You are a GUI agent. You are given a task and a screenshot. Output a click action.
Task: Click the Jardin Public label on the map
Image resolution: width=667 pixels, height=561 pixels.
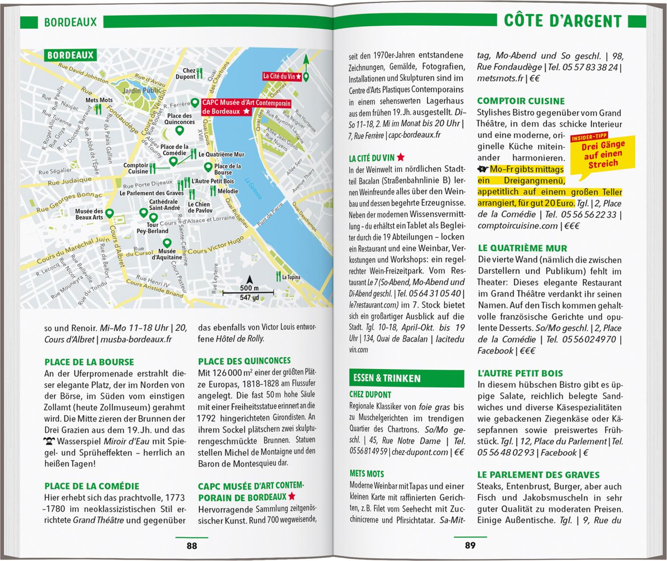(142, 91)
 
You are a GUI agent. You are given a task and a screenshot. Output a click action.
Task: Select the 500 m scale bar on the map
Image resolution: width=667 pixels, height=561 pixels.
(249, 292)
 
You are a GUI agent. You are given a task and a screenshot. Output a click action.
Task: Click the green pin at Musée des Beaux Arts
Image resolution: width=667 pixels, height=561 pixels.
(108, 213)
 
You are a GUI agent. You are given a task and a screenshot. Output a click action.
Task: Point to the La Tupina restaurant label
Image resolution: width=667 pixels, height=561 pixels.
(291, 277)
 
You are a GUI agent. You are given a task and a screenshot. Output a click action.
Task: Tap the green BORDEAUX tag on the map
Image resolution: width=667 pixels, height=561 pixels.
(70, 56)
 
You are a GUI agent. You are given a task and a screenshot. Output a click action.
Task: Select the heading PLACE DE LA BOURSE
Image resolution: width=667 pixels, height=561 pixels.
(89, 362)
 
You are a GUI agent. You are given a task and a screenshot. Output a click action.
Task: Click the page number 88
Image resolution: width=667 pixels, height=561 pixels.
(192, 546)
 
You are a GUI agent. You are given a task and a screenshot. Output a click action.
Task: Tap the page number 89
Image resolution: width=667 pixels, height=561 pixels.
(470, 546)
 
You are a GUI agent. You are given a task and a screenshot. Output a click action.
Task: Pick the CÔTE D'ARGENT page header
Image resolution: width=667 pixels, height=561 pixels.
(563, 21)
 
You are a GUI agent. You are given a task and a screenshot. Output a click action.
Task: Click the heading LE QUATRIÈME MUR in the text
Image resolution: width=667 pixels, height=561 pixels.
(522, 248)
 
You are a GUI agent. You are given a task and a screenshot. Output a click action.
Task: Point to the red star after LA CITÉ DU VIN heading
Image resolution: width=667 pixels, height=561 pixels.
(401, 157)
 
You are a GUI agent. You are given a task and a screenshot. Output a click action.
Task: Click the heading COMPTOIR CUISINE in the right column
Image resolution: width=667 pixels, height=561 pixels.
(521, 101)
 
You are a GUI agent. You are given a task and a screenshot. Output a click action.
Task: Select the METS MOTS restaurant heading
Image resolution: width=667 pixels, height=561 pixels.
(366, 474)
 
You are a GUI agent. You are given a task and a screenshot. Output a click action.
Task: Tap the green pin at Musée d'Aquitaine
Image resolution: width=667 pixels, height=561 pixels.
(167, 243)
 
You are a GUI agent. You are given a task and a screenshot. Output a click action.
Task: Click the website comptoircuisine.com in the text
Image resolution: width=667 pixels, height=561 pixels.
(518, 226)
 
